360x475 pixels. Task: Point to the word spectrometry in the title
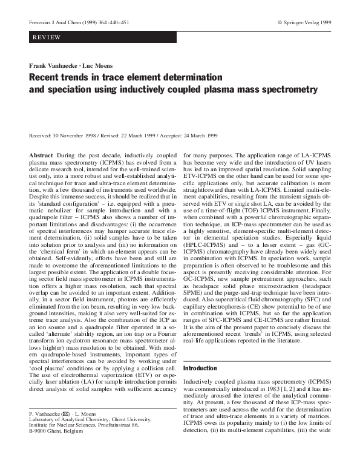point(286,90)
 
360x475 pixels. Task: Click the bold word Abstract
point(41,156)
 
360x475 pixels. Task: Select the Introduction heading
point(199,368)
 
